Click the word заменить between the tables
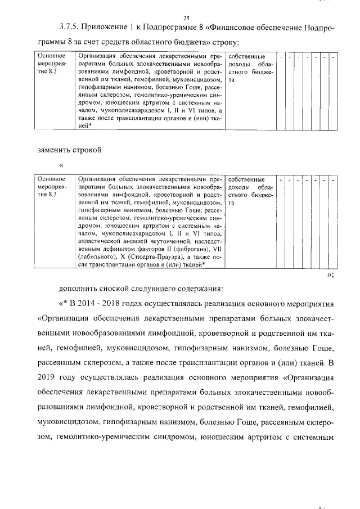click(x=55, y=151)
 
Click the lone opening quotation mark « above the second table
click(x=61, y=165)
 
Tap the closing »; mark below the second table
click(x=331, y=274)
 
